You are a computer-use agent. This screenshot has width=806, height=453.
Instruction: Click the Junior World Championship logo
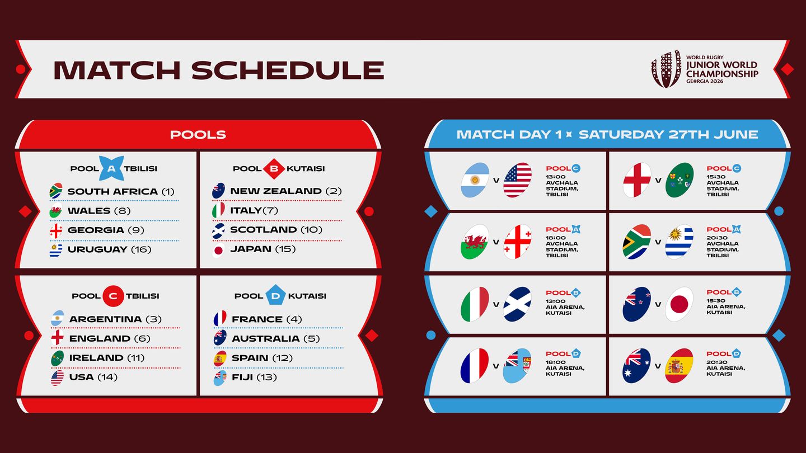pyautogui.click(x=704, y=69)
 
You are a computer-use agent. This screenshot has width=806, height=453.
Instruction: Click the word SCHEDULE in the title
pyautogui.click(x=287, y=70)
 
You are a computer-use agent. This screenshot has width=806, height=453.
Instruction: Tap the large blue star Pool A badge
pyautogui.click(x=111, y=168)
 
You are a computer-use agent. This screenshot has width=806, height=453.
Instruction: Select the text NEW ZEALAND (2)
pyautogui.click(x=285, y=191)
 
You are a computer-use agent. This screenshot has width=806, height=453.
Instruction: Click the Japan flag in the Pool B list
pyautogui.click(x=218, y=249)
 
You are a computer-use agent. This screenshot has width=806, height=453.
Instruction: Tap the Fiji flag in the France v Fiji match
pyautogui.click(x=517, y=366)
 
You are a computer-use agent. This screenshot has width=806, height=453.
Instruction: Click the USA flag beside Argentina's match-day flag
pyautogui.click(x=517, y=180)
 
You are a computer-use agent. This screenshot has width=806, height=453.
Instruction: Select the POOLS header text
pyautogui.click(x=198, y=135)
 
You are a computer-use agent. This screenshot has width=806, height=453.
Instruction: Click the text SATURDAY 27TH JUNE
pyautogui.click(x=668, y=135)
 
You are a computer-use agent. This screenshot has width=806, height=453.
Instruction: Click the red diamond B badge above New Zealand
pyautogui.click(x=274, y=168)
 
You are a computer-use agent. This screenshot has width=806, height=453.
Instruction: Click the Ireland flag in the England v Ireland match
pyautogui.click(x=679, y=180)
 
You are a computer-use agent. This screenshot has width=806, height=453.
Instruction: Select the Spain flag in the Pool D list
pyautogui.click(x=219, y=358)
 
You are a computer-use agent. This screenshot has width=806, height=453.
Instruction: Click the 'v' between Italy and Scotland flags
pyautogui.click(x=496, y=305)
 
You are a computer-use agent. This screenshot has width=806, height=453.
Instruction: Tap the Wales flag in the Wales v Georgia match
pyautogui.click(x=475, y=242)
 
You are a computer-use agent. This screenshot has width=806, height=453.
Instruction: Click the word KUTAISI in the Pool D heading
pyautogui.click(x=307, y=296)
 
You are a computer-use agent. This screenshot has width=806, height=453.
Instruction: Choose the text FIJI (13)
pyautogui.click(x=254, y=377)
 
